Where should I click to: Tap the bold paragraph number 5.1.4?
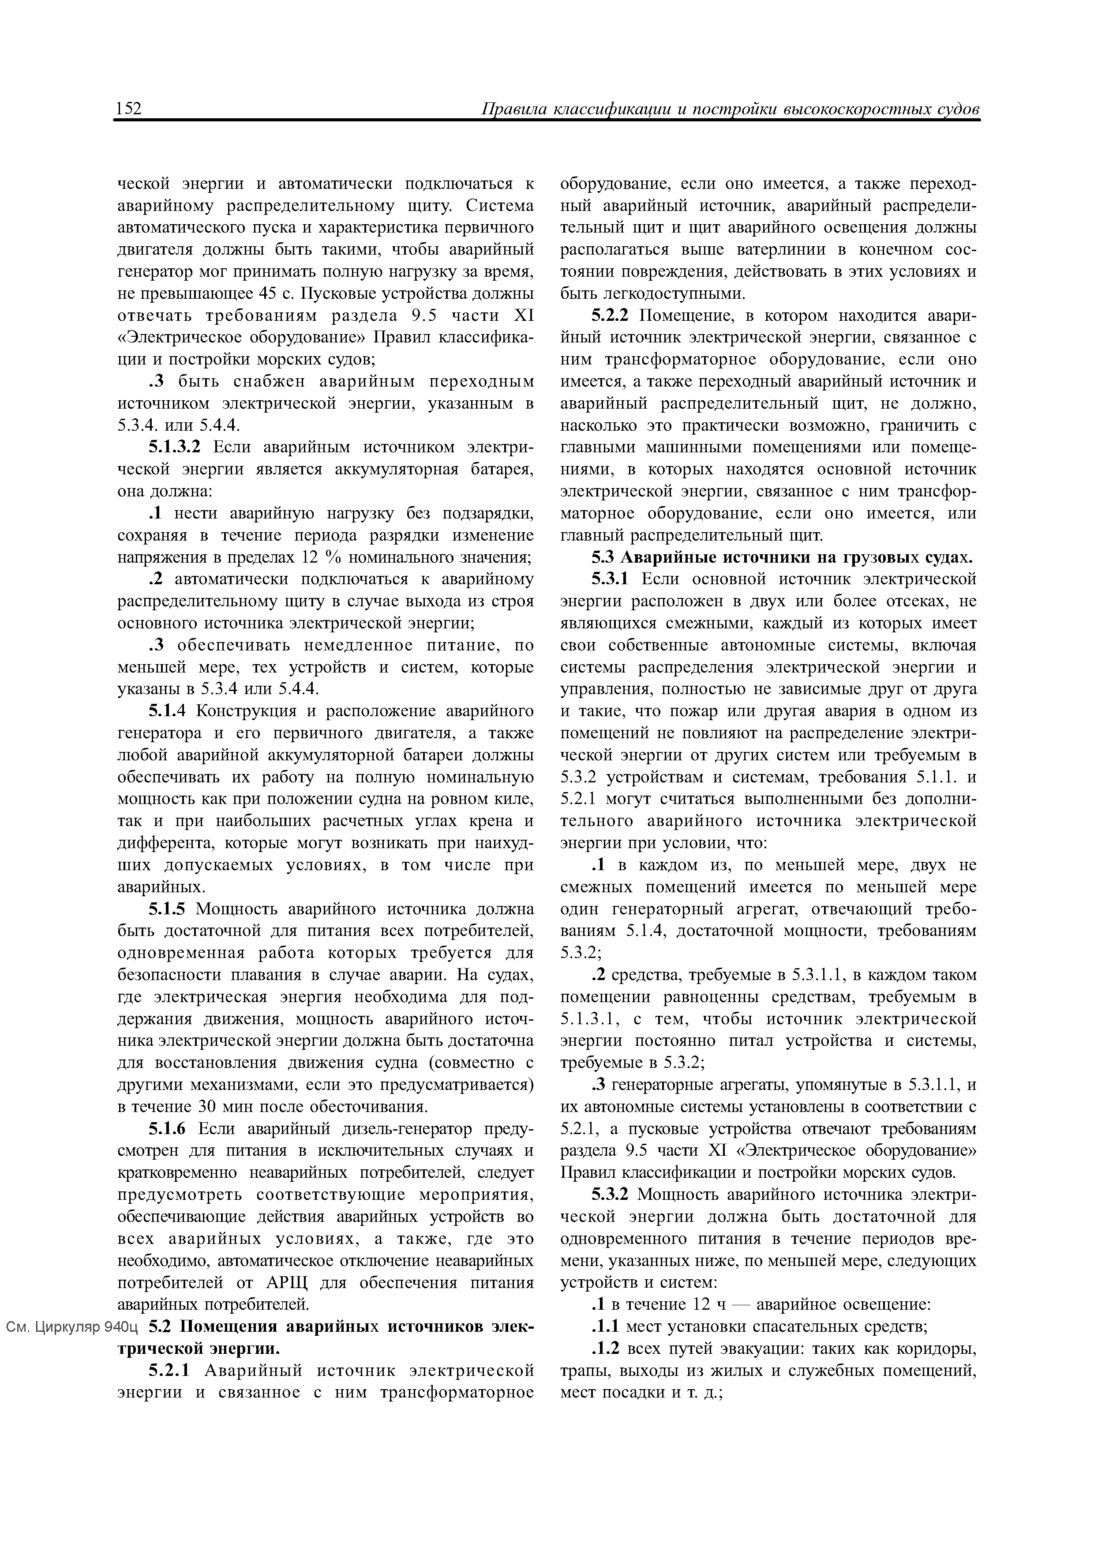click(169, 711)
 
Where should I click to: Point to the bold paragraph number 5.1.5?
click(169, 909)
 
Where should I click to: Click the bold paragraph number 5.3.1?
click(611, 579)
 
